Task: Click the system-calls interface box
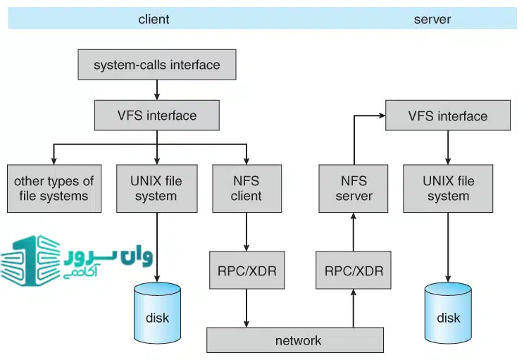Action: pyautogui.click(x=156, y=66)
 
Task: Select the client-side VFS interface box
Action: pyautogui.click(x=156, y=115)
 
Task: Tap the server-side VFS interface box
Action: pyautogui.click(x=447, y=116)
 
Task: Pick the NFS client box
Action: pyautogui.click(x=246, y=188)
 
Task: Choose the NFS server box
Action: pyautogui.click(x=353, y=188)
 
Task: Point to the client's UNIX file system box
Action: pyautogui.click(x=156, y=188)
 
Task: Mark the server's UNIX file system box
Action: pyautogui.click(x=448, y=188)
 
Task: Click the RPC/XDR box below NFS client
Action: pyautogui.click(x=247, y=269)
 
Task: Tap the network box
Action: pyautogui.click(x=295, y=340)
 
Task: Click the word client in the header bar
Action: pyautogui.click(x=154, y=19)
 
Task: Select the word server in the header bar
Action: pyautogui.click(x=432, y=19)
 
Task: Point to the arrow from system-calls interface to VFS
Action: pyautogui.click(x=156, y=89)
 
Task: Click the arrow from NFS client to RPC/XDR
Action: pyautogui.click(x=247, y=230)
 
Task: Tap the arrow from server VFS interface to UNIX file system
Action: pyautogui.click(x=448, y=147)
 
